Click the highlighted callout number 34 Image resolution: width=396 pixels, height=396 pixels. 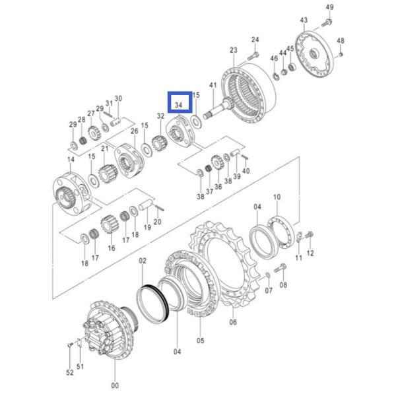pos(179,105)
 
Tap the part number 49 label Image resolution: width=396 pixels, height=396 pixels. pos(330,7)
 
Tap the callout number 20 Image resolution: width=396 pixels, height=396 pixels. pos(158,222)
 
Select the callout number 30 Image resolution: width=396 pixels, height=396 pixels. pos(118,99)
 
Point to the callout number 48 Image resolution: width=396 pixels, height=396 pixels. pos(341,41)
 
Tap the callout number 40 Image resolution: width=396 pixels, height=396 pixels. pos(246,171)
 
